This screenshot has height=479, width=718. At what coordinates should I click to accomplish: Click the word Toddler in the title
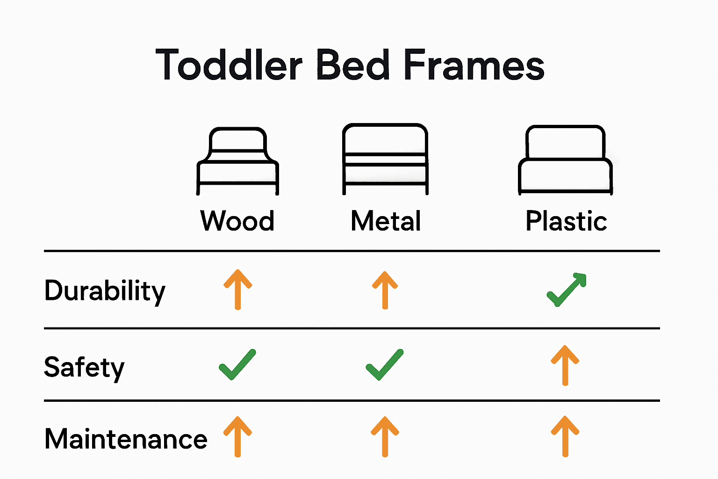click(x=229, y=65)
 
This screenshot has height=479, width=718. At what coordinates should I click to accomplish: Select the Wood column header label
click(x=237, y=221)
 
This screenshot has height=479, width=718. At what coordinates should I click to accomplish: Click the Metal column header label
click(x=386, y=221)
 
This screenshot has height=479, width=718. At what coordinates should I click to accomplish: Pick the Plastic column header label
click(x=566, y=221)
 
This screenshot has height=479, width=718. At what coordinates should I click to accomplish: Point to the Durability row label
click(x=105, y=291)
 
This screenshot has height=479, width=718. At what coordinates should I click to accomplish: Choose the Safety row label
click(x=84, y=368)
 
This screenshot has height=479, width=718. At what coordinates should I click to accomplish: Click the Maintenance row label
click(x=126, y=439)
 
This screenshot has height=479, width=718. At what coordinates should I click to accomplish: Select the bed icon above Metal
click(x=386, y=159)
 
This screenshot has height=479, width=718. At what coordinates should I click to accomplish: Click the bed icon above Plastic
click(x=566, y=160)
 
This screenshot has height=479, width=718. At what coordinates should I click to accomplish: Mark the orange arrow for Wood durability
click(x=237, y=290)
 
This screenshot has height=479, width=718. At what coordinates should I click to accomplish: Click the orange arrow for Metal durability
click(x=385, y=290)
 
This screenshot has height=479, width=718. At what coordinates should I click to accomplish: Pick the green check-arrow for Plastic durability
click(x=566, y=290)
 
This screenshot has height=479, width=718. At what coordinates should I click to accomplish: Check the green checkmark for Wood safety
click(x=237, y=364)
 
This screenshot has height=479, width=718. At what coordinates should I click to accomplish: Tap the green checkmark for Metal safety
click(x=384, y=364)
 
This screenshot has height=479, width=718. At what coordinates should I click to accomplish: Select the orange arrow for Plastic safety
click(x=565, y=365)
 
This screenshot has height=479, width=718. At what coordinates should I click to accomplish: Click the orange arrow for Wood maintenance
click(x=237, y=436)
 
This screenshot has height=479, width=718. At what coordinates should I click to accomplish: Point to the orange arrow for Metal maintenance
click(x=385, y=436)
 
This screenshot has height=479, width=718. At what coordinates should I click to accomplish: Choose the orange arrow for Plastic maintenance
click(x=565, y=436)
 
